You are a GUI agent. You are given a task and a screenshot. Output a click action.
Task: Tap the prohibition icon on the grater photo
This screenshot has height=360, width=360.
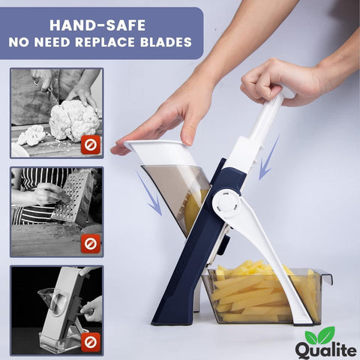tap(91, 242)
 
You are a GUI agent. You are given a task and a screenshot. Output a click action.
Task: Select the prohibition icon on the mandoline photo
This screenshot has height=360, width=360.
tap(91, 342)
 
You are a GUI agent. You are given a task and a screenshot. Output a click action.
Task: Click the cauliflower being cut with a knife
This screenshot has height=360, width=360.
tap(73, 118)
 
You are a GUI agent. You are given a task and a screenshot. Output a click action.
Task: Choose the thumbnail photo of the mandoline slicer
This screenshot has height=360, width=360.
tap(56, 309)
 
